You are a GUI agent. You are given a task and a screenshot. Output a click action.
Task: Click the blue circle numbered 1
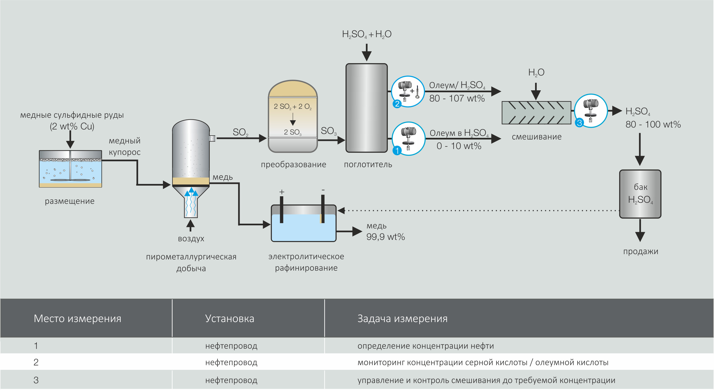397,151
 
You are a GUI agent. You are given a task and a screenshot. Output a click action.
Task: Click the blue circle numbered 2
397,104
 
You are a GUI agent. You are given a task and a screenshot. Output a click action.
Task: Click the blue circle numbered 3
579,123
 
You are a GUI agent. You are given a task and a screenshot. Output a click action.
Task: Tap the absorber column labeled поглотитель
367,108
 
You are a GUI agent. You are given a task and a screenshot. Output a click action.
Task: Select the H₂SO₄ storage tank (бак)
640,194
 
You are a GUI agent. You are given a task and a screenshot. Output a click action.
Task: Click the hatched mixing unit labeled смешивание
536,113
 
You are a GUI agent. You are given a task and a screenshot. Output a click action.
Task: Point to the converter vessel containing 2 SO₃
293,117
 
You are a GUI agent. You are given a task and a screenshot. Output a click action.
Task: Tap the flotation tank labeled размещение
70,169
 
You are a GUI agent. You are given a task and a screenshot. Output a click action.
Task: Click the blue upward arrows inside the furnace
191,192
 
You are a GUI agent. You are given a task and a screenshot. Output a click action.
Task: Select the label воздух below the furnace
191,238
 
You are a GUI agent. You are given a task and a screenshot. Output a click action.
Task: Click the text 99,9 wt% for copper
386,237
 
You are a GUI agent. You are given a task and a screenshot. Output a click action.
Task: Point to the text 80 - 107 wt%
457,98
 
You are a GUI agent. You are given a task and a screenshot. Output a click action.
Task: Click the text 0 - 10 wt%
459,146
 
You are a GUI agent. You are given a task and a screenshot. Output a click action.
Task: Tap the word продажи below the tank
640,251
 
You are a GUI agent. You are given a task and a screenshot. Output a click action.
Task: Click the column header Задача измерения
402,318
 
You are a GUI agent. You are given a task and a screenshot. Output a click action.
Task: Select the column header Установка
230,318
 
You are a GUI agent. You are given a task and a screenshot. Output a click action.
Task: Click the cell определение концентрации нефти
425,346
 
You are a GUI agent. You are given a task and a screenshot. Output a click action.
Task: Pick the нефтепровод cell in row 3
231,380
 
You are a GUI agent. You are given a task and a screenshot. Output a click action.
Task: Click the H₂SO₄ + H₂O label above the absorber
367,34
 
